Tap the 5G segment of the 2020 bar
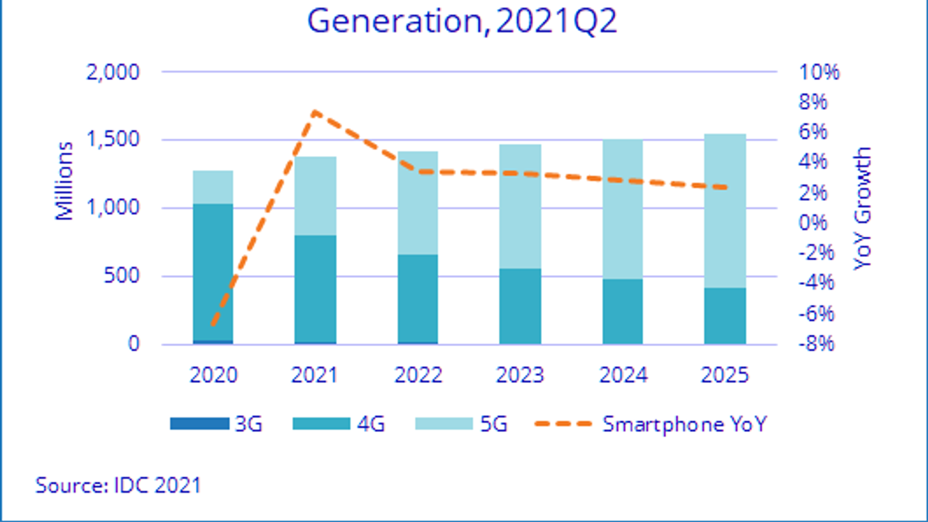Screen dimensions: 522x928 tap(213, 187)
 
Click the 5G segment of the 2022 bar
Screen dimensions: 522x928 tap(418, 202)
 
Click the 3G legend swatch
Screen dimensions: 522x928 tap(200, 424)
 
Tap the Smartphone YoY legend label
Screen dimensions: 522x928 tap(684, 424)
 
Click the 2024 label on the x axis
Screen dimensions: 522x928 tap(623, 375)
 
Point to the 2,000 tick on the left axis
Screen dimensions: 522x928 tap(113, 72)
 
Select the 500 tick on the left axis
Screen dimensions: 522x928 tap(122, 275)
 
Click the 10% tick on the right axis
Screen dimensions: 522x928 tap(819, 72)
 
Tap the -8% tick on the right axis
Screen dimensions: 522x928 tap(817, 343)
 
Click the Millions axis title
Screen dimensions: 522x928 tap(64, 181)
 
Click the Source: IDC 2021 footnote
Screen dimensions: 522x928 tap(118, 485)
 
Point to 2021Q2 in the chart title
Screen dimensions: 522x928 tap(556, 21)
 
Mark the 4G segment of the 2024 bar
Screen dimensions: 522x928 tap(623, 311)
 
